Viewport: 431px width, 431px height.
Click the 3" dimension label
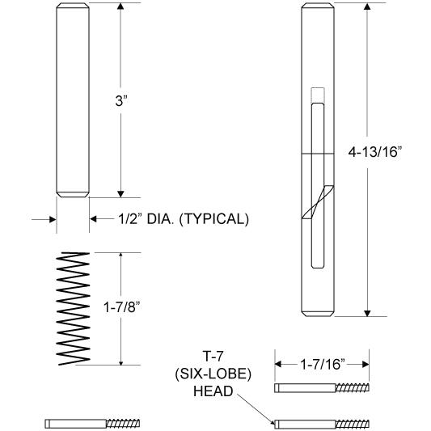click(121, 100)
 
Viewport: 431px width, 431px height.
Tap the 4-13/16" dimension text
click(375, 152)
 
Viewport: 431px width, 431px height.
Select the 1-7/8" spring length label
click(122, 307)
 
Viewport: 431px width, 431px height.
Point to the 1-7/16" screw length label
click(322, 365)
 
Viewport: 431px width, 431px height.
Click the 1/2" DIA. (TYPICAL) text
click(184, 219)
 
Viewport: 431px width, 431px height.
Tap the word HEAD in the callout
click(213, 391)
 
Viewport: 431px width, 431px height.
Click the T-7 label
click(213, 357)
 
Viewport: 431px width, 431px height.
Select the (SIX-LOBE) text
click(213, 374)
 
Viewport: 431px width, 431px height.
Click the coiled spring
click(73, 308)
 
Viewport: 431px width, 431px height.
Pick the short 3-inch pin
click(73, 100)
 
